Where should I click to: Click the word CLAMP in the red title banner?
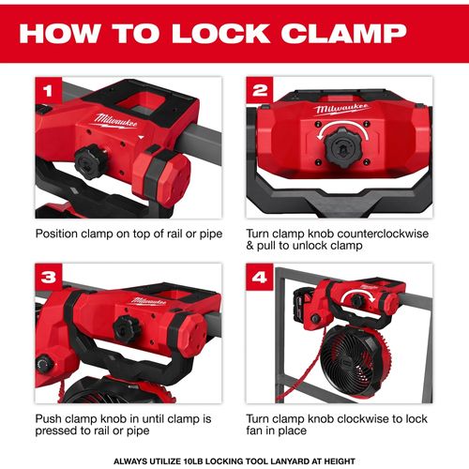click(x=343, y=33)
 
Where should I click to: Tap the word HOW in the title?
click(x=60, y=33)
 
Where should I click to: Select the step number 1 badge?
click(x=49, y=90)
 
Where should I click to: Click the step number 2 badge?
click(x=260, y=90)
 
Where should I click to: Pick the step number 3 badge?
click(x=49, y=277)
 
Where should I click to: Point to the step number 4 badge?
click(x=260, y=277)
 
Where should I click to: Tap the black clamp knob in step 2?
click(x=342, y=147)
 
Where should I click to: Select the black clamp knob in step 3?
click(x=128, y=329)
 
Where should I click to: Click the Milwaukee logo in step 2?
click(x=341, y=109)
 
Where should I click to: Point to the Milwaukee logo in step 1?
click(x=115, y=121)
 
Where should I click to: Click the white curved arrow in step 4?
click(x=357, y=295)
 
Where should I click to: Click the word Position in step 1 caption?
click(x=56, y=234)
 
